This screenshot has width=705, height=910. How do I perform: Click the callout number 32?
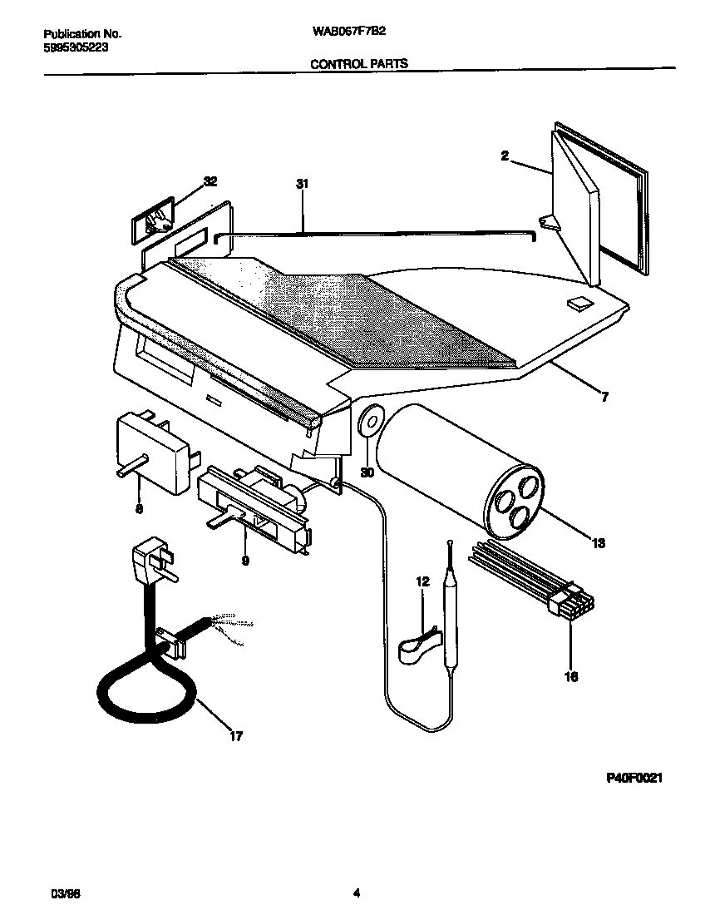210,182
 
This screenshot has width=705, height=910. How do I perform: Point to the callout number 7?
604,398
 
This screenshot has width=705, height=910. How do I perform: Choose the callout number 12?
422,582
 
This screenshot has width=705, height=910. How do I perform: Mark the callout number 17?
236,735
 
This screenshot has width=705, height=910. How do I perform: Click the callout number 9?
245,561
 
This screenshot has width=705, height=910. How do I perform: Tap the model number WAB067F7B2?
348,33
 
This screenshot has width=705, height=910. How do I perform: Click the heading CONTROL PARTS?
358,63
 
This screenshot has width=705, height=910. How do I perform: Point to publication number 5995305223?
74,47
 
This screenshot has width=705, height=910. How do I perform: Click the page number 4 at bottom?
356,894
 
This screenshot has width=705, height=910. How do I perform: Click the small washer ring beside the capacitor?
369,422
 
